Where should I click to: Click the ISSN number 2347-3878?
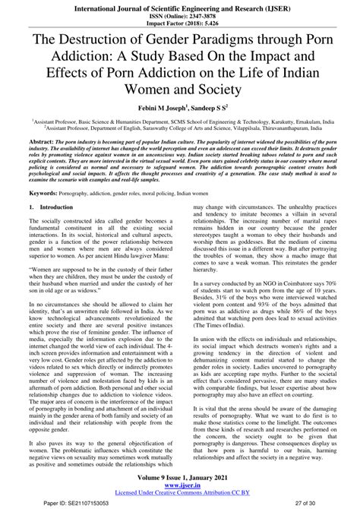(198, 14)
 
